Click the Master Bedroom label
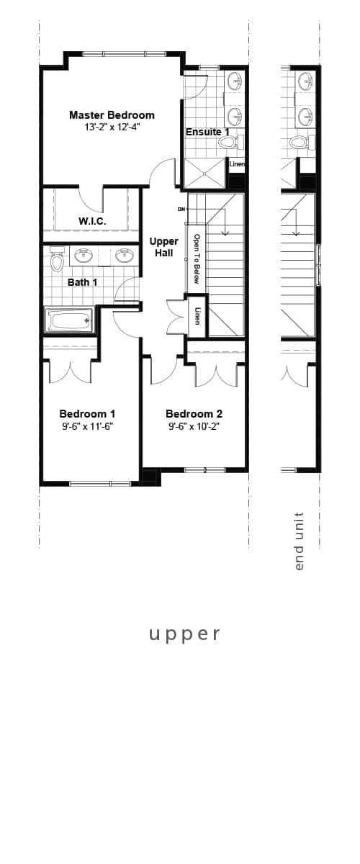(x=112, y=115)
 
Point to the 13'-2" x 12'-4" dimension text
(x=112, y=127)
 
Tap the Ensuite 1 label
(x=207, y=132)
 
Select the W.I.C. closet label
(x=92, y=221)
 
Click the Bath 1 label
(x=83, y=282)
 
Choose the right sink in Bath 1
(x=125, y=255)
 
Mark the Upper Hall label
(x=163, y=247)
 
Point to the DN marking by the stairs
(x=181, y=210)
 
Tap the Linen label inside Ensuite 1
(x=237, y=164)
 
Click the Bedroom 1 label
(x=87, y=414)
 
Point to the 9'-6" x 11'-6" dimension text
(x=87, y=426)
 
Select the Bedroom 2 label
(x=194, y=414)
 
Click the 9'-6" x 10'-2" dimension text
(x=194, y=426)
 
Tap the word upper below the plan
(x=184, y=634)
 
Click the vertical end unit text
(x=300, y=541)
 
